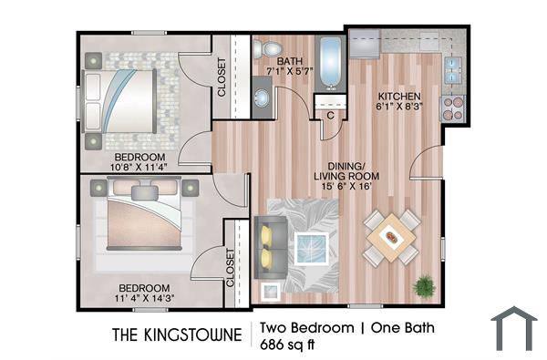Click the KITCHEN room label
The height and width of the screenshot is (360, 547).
[399, 96]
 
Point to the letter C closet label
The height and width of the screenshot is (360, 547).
[329, 116]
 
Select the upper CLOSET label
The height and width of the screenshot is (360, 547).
[222, 77]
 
